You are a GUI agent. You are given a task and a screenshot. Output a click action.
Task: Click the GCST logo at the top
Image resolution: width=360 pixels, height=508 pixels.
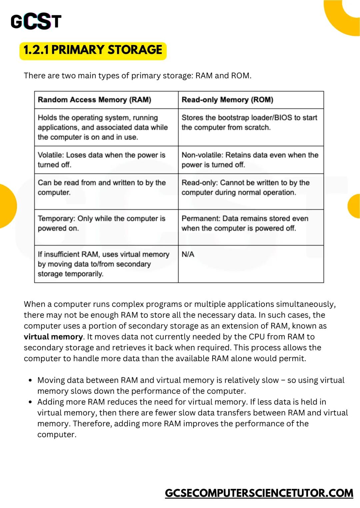pyautogui.click(x=36, y=22)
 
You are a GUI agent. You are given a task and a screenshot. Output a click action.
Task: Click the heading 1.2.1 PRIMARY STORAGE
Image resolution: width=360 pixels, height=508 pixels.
pyautogui.click(x=93, y=50)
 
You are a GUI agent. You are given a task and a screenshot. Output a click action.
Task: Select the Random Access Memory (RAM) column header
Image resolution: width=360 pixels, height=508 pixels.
pyautogui.click(x=94, y=100)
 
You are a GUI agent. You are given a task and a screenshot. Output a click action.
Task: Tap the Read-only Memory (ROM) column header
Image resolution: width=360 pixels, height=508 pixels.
pyautogui.click(x=227, y=100)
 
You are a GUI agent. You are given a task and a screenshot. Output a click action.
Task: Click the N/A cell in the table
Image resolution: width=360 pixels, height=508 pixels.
pyautogui.click(x=188, y=254)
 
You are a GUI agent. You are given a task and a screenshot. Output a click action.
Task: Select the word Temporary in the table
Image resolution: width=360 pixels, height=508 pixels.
pyautogui.click(x=56, y=219)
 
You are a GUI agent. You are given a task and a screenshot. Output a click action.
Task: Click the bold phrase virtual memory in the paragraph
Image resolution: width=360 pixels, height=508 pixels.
pyautogui.click(x=53, y=337)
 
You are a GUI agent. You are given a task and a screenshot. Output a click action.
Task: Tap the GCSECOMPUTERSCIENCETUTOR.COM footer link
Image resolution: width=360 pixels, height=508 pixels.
pyautogui.click(x=259, y=493)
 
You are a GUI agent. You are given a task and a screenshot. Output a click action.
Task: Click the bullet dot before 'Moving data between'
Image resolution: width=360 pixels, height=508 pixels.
pyautogui.click(x=30, y=380)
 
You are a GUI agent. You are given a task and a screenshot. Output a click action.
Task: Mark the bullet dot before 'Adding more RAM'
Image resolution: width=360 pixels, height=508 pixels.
pyautogui.click(x=30, y=402)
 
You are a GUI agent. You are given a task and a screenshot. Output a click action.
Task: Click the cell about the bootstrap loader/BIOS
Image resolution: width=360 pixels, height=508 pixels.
pyautogui.click(x=249, y=123)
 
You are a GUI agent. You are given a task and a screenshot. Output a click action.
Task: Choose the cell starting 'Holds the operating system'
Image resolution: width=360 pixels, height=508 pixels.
pyautogui.click(x=103, y=127)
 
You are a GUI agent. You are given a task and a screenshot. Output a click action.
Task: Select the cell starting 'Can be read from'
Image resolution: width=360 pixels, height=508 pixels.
pyautogui.click(x=102, y=188)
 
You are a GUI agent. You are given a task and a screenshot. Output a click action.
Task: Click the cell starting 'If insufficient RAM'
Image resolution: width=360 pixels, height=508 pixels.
pyautogui.click(x=103, y=264)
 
